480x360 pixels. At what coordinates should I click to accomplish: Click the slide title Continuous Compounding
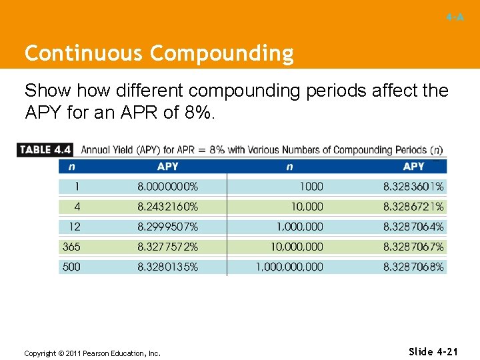click(x=159, y=53)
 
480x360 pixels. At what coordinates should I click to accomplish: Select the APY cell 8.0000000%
click(x=167, y=187)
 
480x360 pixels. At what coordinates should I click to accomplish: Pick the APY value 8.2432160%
click(x=167, y=207)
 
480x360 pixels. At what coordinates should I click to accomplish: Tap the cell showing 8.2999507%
click(x=167, y=227)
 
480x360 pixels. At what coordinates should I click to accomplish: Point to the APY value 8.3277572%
click(x=167, y=247)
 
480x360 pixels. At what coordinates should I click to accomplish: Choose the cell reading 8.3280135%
click(x=167, y=267)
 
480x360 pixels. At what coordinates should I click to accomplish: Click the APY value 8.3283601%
click(x=413, y=187)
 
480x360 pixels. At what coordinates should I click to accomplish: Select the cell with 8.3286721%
click(x=413, y=207)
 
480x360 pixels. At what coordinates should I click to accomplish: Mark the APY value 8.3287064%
click(x=413, y=227)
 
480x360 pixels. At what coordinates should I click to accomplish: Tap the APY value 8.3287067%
click(x=413, y=247)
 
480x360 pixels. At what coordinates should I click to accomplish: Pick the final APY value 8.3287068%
click(x=413, y=267)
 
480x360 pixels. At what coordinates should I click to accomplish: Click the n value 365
click(x=71, y=247)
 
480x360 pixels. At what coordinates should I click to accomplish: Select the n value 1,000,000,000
click(x=289, y=267)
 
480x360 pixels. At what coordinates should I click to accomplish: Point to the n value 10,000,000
click(x=296, y=247)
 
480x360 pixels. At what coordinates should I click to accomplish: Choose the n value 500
click(x=71, y=267)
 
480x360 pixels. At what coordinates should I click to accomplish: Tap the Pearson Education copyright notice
click(x=92, y=353)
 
